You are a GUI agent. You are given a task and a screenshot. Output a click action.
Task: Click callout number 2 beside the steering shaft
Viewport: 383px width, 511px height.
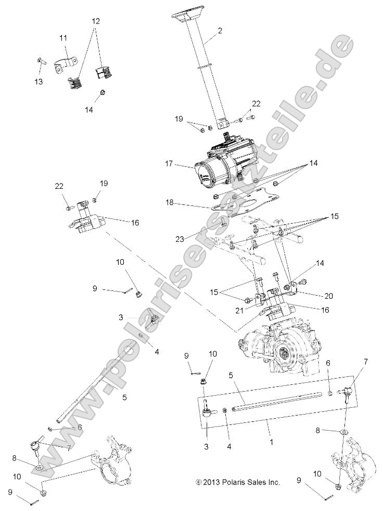(220, 31)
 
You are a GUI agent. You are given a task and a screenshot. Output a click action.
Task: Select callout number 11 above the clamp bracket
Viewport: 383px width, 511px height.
(63, 38)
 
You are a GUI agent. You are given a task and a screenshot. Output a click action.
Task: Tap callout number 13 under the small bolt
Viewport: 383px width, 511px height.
(39, 81)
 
